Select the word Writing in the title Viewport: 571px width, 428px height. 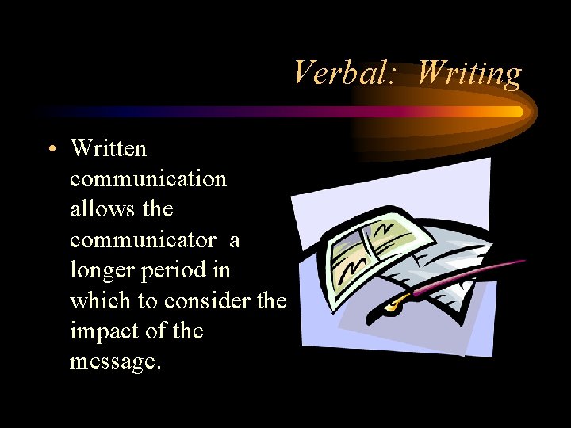(x=469, y=74)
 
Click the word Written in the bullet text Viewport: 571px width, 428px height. (x=108, y=148)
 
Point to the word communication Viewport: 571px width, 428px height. (x=148, y=179)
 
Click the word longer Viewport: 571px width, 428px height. (x=103, y=271)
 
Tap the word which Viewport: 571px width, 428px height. (x=103, y=301)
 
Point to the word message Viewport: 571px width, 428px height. (x=115, y=362)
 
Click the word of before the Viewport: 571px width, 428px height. (x=159, y=331)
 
